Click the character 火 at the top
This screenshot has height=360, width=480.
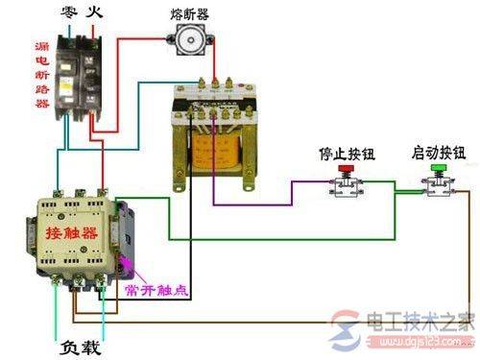pos(96,13)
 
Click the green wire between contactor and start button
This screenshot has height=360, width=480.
pos(288,237)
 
